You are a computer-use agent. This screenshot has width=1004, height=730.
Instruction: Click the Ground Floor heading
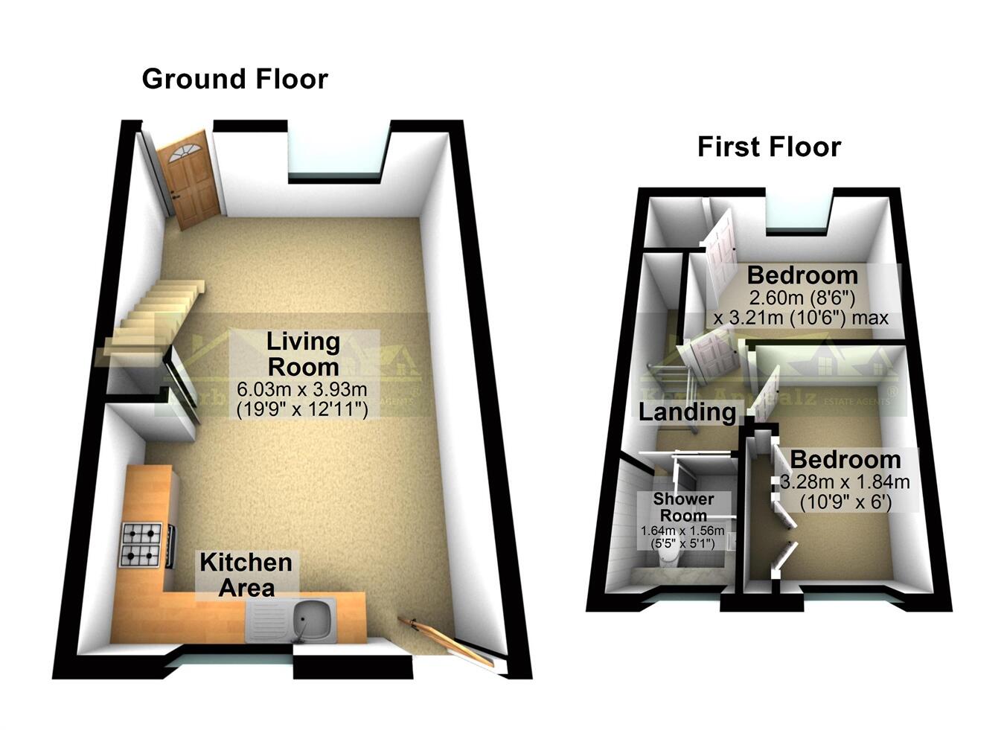coord(234,79)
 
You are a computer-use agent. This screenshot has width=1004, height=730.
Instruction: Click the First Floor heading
coord(768,147)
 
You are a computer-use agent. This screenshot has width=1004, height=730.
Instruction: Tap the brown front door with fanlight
coord(189,179)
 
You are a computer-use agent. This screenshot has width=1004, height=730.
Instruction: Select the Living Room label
coord(303,353)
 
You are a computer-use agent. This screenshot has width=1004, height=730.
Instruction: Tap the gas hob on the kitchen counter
coord(141,545)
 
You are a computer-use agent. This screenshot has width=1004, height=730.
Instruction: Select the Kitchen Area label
coord(246,574)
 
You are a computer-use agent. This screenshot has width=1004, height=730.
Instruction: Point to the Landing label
coord(687,412)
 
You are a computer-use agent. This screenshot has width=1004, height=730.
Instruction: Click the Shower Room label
coord(683,507)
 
